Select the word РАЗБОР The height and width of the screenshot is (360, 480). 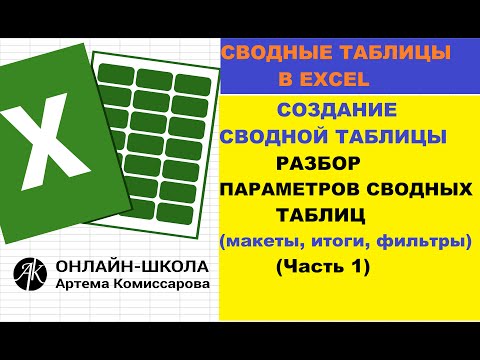pyautogui.click(x=316, y=162)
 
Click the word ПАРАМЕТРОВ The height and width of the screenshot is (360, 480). pyautogui.click(x=295, y=189)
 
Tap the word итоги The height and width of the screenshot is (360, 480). pyautogui.click(x=334, y=240)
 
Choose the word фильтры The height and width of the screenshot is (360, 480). pyautogui.click(x=420, y=240)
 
